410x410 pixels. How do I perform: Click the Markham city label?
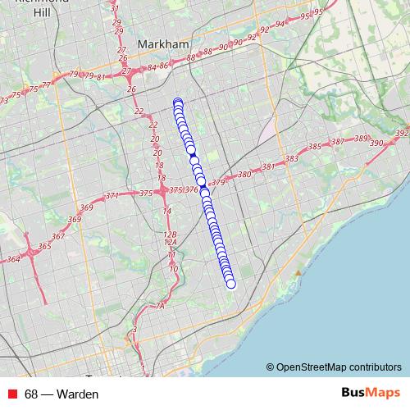pyautogui.click(x=164, y=43)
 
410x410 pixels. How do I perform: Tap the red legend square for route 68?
pyautogui.click(x=11, y=394)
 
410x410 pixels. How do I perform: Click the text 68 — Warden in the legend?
pyautogui.click(x=61, y=394)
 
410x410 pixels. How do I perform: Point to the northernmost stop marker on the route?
pyautogui.click(x=178, y=102)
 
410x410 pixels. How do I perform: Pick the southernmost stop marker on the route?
pyautogui.click(x=230, y=284)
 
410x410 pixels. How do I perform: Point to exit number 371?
pyautogui.click(x=112, y=196)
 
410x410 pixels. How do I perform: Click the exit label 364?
pyautogui.click(x=13, y=259)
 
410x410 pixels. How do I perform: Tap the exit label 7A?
pyautogui.click(x=160, y=306)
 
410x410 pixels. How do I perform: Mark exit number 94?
pyautogui.click(x=280, y=24)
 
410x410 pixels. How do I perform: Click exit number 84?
pyautogui.click(x=152, y=68)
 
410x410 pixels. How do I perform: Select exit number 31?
pyautogui.click(x=114, y=8)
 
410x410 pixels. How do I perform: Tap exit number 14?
pyautogui.click(x=167, y=212)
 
